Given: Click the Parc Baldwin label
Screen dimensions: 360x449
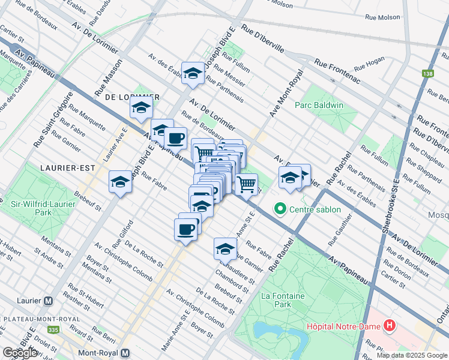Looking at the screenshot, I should tap(319, 105).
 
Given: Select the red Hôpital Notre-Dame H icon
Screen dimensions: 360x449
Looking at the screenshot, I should tap(390, 326).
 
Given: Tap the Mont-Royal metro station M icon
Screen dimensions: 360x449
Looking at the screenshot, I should tap(125, 353).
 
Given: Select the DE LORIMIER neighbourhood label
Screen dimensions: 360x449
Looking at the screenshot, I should tap(132, 97).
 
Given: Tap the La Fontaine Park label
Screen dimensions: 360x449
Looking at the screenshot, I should tap(283, 301).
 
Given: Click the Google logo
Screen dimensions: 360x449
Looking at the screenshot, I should tap(21, 353).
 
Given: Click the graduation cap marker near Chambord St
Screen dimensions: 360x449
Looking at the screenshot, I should tap(225, 248).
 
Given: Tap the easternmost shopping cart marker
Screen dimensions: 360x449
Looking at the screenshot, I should tap(246, 185).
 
